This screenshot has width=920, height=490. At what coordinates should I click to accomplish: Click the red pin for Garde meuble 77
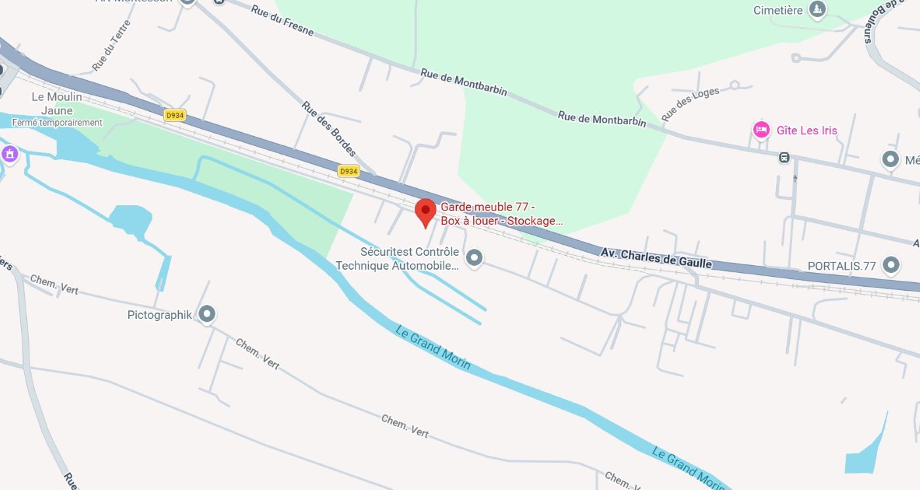pos(425,211)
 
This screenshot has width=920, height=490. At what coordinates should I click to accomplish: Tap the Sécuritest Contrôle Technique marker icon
pos(474,257)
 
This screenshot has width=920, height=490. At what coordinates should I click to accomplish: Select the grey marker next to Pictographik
pos(207,314)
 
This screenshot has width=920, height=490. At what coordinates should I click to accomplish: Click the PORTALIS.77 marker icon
pos(891,264)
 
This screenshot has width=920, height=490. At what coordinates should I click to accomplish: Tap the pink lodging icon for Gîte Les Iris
pos(761,130)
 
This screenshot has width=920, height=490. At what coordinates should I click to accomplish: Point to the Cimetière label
pos(778,11)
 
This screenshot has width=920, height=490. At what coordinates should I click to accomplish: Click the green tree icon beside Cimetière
pos(817,9)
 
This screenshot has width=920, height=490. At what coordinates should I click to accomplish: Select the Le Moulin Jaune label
pos(57,103)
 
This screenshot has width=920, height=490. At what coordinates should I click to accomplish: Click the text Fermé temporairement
pos(57,122)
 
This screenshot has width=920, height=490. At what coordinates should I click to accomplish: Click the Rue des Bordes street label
pos(329,129)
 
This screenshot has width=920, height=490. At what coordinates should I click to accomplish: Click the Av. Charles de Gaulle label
pos(656,257)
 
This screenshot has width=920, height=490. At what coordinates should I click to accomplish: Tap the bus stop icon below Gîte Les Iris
pos(784,158)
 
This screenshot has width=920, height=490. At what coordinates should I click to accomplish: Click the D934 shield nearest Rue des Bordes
pos(348,171)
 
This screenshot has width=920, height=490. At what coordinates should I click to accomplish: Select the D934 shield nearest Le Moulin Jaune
pos(175,115)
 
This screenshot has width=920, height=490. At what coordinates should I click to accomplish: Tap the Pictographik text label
pos(160,315)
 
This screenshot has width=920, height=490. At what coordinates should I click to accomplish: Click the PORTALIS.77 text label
pos(842,266)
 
